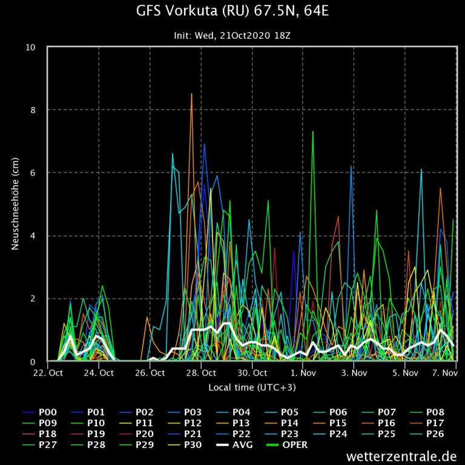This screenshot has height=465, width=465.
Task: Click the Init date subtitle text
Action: click(x=232, y=36)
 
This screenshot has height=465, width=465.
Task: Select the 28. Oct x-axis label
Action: click(x=201, y=373)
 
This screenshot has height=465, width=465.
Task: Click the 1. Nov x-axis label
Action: click(x=303, y=373)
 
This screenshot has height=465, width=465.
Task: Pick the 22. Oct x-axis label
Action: click(x=47, y=373)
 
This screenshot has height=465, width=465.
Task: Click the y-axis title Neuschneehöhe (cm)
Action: click(x=16, y=204)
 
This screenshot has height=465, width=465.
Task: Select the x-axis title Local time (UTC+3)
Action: click(x=252, y=387)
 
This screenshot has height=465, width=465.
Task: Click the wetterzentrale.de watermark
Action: click(x=401, y=455)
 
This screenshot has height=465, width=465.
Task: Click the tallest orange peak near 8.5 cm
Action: click(x=191, y=94)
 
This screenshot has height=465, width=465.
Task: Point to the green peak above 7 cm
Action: click(x=312, y=132)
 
